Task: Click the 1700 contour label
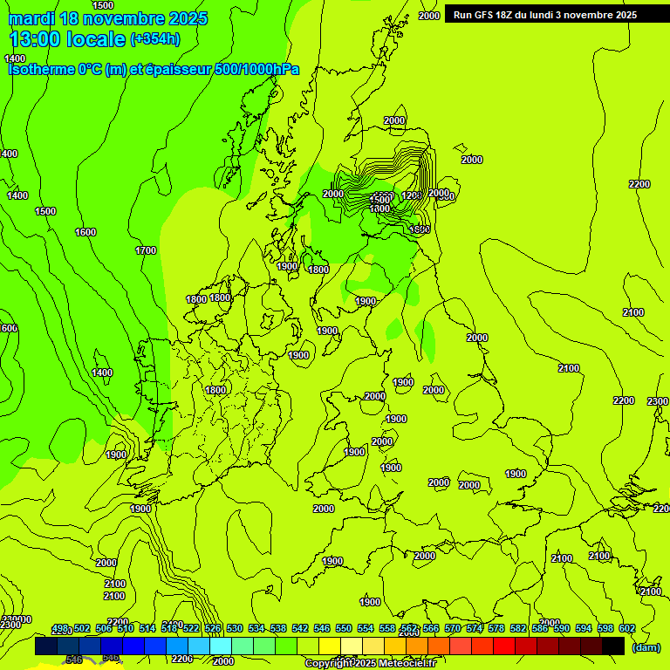[146, 250]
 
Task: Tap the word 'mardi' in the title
[32, 18]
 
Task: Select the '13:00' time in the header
[35, 39]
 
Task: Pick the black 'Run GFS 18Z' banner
[544, 15]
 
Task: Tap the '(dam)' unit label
[646, 646]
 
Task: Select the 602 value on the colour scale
[627, 628]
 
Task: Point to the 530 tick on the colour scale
[235, 628]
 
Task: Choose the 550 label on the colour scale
[344, 628]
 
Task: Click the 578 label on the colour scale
[496, 628]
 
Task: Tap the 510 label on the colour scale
[126, 628]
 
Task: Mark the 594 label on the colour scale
[584, 628]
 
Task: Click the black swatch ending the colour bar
[613, 646]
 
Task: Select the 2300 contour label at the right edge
[658, 401]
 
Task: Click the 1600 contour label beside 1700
[85, 232]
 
